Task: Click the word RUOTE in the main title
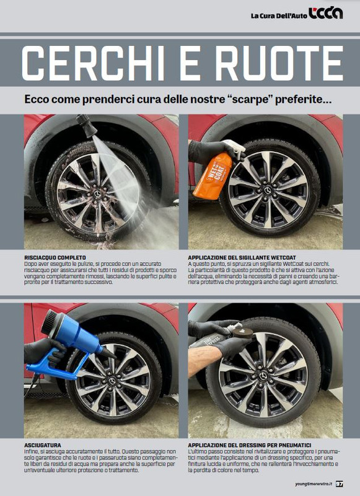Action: point(267,63)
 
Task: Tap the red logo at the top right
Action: point(325,14)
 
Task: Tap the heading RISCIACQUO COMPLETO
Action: point(55,257)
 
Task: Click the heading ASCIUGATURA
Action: point(43,445)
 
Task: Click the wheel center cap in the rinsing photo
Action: point(98,193)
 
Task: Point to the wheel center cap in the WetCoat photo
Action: point(268,188)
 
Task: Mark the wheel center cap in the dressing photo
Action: point(264,376)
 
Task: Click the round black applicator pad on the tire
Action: point(242,333)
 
